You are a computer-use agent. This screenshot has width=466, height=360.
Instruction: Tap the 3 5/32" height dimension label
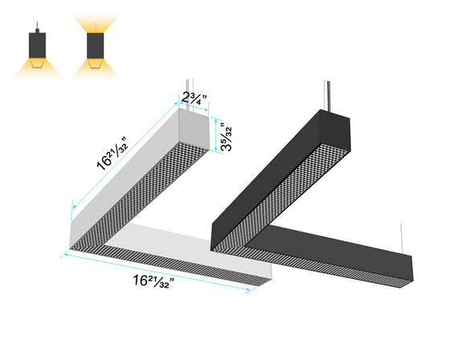pyautogui.click(x=229, y=137)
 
